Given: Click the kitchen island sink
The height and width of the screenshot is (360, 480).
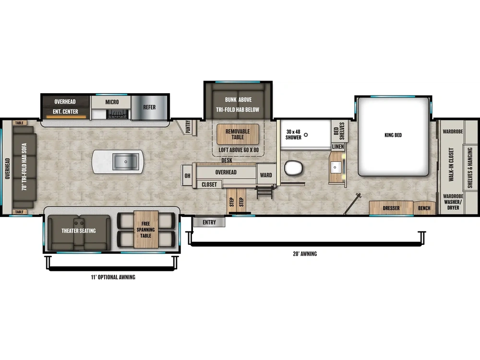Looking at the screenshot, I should point(126,162).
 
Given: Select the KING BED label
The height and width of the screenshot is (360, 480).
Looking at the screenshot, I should point(393,135).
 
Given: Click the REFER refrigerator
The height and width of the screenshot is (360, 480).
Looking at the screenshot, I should point(149,107).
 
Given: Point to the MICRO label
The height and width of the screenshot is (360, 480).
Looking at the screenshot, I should point(112,102).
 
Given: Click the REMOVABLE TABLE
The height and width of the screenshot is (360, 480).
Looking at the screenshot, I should point(238,134).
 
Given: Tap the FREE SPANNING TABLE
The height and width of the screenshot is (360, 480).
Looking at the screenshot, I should point(146,229).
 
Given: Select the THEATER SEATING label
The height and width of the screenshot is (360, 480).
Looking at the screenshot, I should point(79,231).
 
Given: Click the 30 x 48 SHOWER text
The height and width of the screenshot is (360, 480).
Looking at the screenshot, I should point(294,134).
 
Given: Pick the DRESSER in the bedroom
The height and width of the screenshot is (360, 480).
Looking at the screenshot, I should point(391,208).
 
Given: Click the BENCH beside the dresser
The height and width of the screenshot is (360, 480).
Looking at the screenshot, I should point(424,208).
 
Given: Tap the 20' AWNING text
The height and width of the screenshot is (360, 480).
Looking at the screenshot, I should point(306,254).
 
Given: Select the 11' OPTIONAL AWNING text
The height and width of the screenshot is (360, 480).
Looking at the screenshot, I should point(113,277).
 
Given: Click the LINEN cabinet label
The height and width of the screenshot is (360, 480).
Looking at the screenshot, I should point(338,146).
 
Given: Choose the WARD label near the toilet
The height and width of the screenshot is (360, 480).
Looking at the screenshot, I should point(266,175).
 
